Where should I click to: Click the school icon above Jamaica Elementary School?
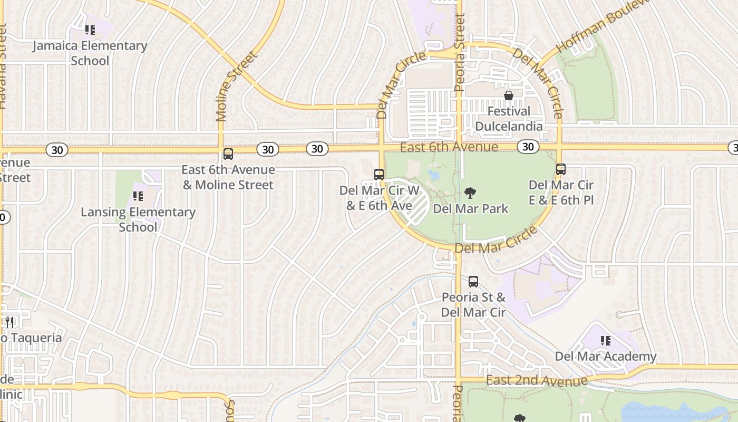(x=90, y=30)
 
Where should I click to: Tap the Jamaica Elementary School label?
(x=90, y=53)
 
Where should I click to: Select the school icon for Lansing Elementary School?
(x=138, y=196)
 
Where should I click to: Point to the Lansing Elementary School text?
(x=138, y=219)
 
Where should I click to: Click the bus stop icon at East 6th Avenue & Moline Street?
(x=228, y=154)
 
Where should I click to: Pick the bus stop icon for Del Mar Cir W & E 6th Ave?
(x=379, y=174)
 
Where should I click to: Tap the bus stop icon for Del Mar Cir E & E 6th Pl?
(x=561, y=169)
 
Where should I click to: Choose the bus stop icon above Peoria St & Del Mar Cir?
(x=473, y=282)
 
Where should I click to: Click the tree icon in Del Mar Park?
(x=470, y=193)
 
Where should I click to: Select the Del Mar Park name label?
(x=471, y=209)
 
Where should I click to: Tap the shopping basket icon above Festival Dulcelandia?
(x=509, y=95)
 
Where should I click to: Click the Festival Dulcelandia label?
(x=509, y=119)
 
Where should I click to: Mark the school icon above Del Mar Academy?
(x=606, y=341)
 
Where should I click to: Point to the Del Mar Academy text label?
(x=606, y=357)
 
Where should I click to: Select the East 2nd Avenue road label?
(x=537, y=381)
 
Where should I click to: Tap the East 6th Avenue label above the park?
(x=449, y=147)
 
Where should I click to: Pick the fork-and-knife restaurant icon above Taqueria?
(x=9, y=322)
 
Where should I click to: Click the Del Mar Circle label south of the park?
(x=496, y=241)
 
